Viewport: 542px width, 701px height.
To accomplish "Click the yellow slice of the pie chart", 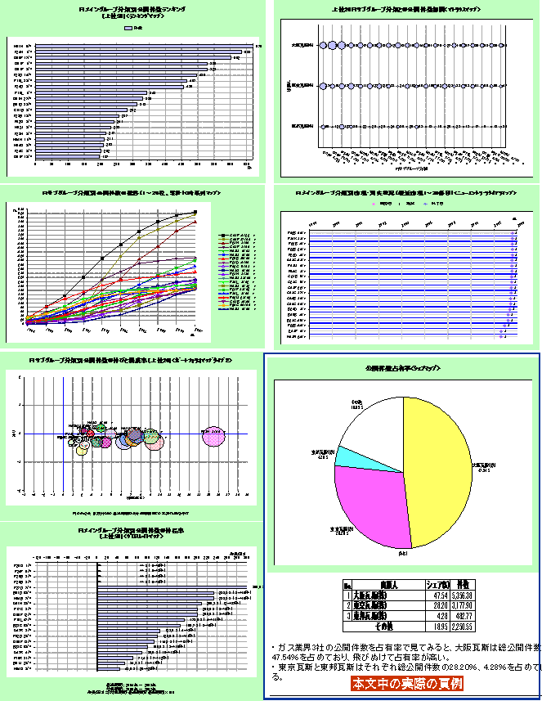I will tap(441, 466).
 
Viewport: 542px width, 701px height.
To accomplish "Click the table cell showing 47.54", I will tap(434, 595).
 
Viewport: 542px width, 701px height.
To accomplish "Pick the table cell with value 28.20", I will tap(434, 606).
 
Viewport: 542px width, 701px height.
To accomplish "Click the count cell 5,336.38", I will tap(462, 595).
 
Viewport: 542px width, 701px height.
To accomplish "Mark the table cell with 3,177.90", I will tap(462, 606).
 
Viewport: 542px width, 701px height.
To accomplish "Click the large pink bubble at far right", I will tap(213, 437).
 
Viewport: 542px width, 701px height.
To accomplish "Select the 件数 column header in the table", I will tap(462, 584).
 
